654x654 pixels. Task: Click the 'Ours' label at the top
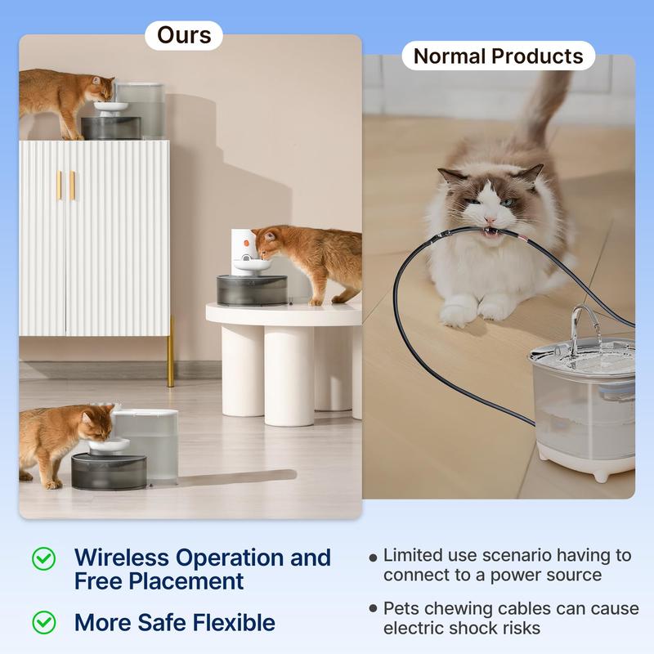pos(184,35)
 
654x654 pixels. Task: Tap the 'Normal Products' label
pos(498,56)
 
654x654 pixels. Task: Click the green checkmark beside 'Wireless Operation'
pos(43,558)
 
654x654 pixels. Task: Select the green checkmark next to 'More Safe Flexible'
pos(43,622)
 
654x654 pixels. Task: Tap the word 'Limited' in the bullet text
pos(414,555)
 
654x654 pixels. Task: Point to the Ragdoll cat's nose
pos(490,219)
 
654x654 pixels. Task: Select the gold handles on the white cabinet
pos(65,186)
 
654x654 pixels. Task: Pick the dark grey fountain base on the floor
pos(109,472)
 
